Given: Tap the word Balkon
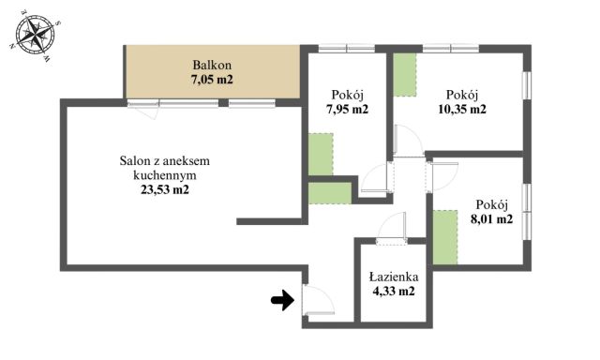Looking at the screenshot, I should coord(212,65).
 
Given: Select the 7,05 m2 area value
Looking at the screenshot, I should coord(212,80).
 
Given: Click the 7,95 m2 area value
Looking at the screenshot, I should coord(347,109).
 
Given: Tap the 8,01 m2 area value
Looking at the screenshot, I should coord(492,219).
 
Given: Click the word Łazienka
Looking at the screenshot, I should coord(393,277).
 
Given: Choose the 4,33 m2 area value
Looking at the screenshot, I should coord(393,292).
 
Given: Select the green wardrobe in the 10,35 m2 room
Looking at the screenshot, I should coord(405,75).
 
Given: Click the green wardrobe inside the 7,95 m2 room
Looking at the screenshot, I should coord(321,154).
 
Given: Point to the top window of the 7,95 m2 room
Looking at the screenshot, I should coord(347,48).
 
